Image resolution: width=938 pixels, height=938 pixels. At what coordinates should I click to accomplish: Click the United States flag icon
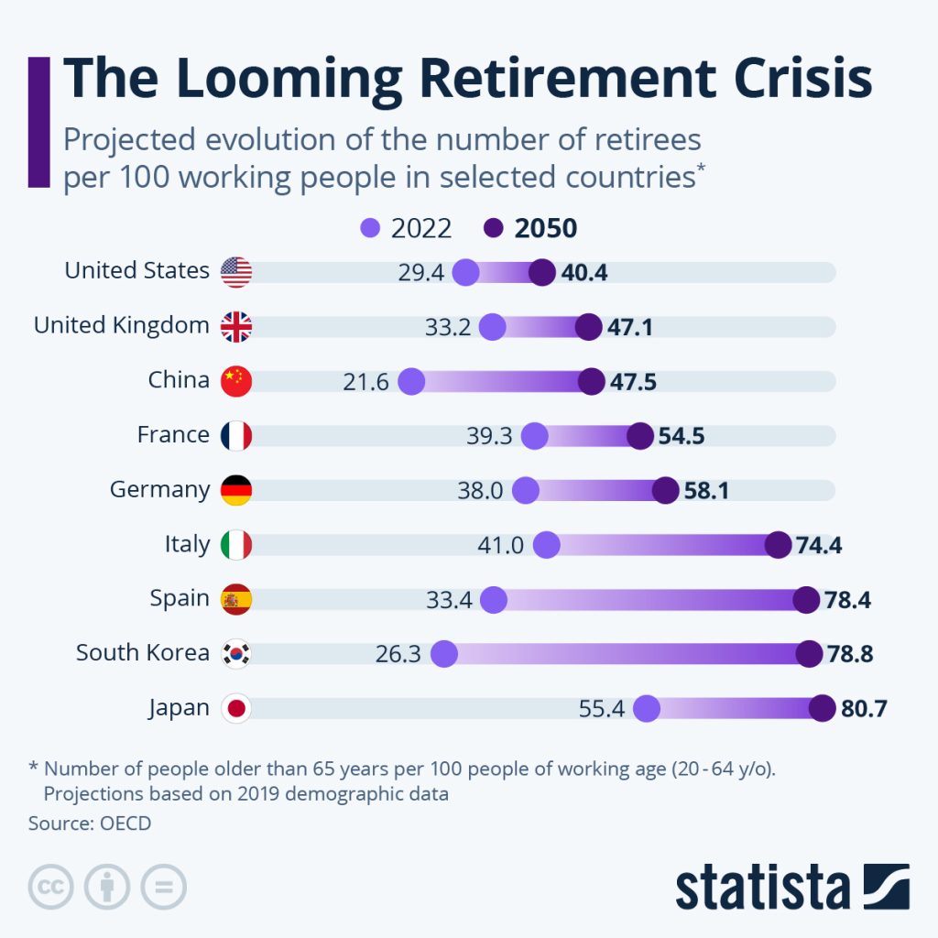pyautogui.click(x=236, y=272)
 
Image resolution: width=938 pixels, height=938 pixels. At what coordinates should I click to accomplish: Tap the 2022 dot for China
pyautogui.click(x=411, y=381)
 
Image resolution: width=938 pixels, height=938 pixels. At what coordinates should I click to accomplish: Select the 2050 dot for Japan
pyautogui.click(x=822, y=709)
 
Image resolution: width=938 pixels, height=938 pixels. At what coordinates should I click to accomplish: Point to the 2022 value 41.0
pyautogui.click(x=501, y=546)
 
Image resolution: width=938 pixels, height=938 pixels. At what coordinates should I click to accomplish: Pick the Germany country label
pyautogui.click(x=159, y=490)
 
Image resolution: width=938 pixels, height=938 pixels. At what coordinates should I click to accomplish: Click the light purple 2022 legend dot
pyautogui.click(x=370, y=228)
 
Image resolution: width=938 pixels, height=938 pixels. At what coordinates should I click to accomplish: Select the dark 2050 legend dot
pyautogui.click(x=494, y=228)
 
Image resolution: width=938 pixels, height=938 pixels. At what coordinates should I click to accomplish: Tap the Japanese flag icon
pyautogui.click(x=236, y=709)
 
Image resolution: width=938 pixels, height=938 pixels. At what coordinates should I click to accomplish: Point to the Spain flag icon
pyautogui.click(x=236, y=600)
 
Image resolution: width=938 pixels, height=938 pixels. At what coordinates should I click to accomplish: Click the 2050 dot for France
pyautogui.click(x=640, y=436)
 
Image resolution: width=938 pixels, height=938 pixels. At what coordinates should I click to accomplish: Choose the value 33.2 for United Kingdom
pyautogui.click(x=448, y=327)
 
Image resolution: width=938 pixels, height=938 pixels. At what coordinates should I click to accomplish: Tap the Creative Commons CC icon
pyautogui.click(x=51, y=887)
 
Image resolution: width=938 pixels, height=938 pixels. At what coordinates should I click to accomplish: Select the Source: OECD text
pyautogui.click(x=90, y=823)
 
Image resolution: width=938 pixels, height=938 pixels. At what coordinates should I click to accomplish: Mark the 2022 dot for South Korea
pyautogui.click(x=444, y=654)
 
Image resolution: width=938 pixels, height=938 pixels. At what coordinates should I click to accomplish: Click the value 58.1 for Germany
pyautogui.click(x=706, y=491)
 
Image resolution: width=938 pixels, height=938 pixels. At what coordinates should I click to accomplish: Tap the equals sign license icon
pyautogui.click(x=163, y=887)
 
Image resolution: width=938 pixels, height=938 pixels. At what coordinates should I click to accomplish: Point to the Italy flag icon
pyautogui.click(x=236, y=545)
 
